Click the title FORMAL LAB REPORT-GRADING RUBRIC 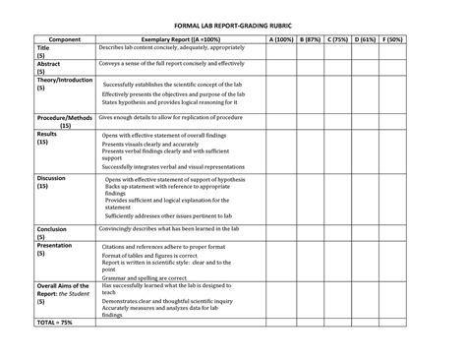(x=233, y=21)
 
